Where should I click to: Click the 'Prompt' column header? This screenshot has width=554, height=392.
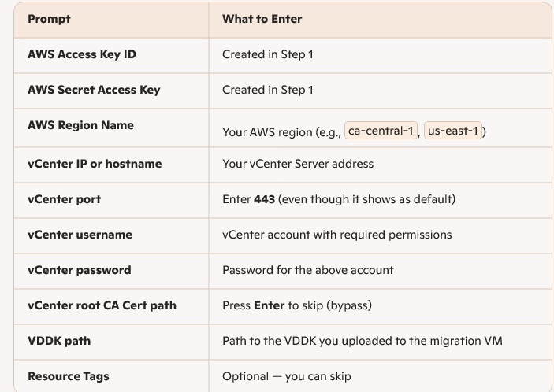coord(49,19)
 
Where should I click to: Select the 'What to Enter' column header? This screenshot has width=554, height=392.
coord(262,19)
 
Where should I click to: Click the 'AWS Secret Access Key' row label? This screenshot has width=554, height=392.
coord(93,90)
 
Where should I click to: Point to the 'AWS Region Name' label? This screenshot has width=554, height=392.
coord(80,125)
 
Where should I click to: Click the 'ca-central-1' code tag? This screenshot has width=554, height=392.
coord(381,131)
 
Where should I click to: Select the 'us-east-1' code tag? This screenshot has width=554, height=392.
coord(453,131)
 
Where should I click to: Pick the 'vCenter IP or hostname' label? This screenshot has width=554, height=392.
coord(95,164)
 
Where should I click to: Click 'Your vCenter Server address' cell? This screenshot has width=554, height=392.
coord(298,164)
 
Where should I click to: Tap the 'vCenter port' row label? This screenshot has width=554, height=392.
coord(64,199)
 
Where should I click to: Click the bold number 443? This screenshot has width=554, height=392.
coord(264,200)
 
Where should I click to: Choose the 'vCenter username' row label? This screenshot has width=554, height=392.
coord(80,235)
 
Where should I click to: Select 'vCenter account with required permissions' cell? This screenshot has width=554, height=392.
coord(337,235)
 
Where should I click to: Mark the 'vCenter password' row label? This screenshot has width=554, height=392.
coord(79,270)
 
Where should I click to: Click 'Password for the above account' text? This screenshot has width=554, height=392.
coord(307,270)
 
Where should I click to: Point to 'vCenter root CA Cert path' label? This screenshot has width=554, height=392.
coord(102,305)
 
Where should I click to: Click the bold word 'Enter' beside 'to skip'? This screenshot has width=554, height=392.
coord(269,305)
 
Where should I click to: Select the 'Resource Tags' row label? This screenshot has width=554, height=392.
coord(69,376)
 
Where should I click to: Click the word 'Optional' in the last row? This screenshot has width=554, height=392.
coord(246,376)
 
